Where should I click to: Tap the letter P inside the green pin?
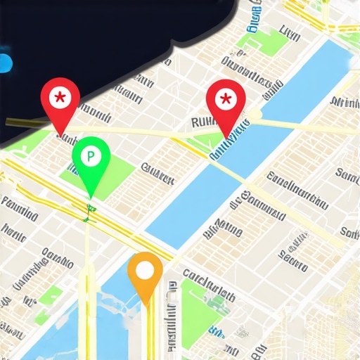point(91,153)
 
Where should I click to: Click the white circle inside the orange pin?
point(145,269)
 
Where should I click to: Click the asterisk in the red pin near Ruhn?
point(225,98)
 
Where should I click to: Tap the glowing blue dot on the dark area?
point(4,63)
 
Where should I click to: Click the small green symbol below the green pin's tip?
point(89,208)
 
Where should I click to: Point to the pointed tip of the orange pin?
point(146,306)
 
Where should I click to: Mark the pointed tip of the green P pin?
point(90,196)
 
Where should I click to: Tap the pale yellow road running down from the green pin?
point(87,281)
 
